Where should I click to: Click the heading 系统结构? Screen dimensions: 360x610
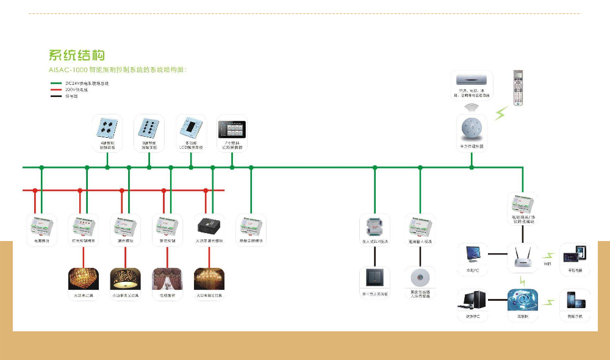(79, 56)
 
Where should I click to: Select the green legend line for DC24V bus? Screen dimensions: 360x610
(57, 82)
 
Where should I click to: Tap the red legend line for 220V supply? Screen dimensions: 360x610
(57, 89)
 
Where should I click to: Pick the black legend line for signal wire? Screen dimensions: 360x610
(57, 96)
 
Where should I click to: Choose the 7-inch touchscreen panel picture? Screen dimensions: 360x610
(232, 129)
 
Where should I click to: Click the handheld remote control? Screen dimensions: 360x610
(518, 88)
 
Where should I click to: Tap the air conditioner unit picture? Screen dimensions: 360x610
(470, 79)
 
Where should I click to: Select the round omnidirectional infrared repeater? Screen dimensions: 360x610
(471, 129)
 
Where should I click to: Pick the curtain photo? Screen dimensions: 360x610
(163, 280)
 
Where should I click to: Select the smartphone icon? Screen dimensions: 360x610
(574, 301)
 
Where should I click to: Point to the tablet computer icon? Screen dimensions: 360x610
(574, 254)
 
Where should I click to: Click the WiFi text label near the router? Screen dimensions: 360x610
(547, 264)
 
